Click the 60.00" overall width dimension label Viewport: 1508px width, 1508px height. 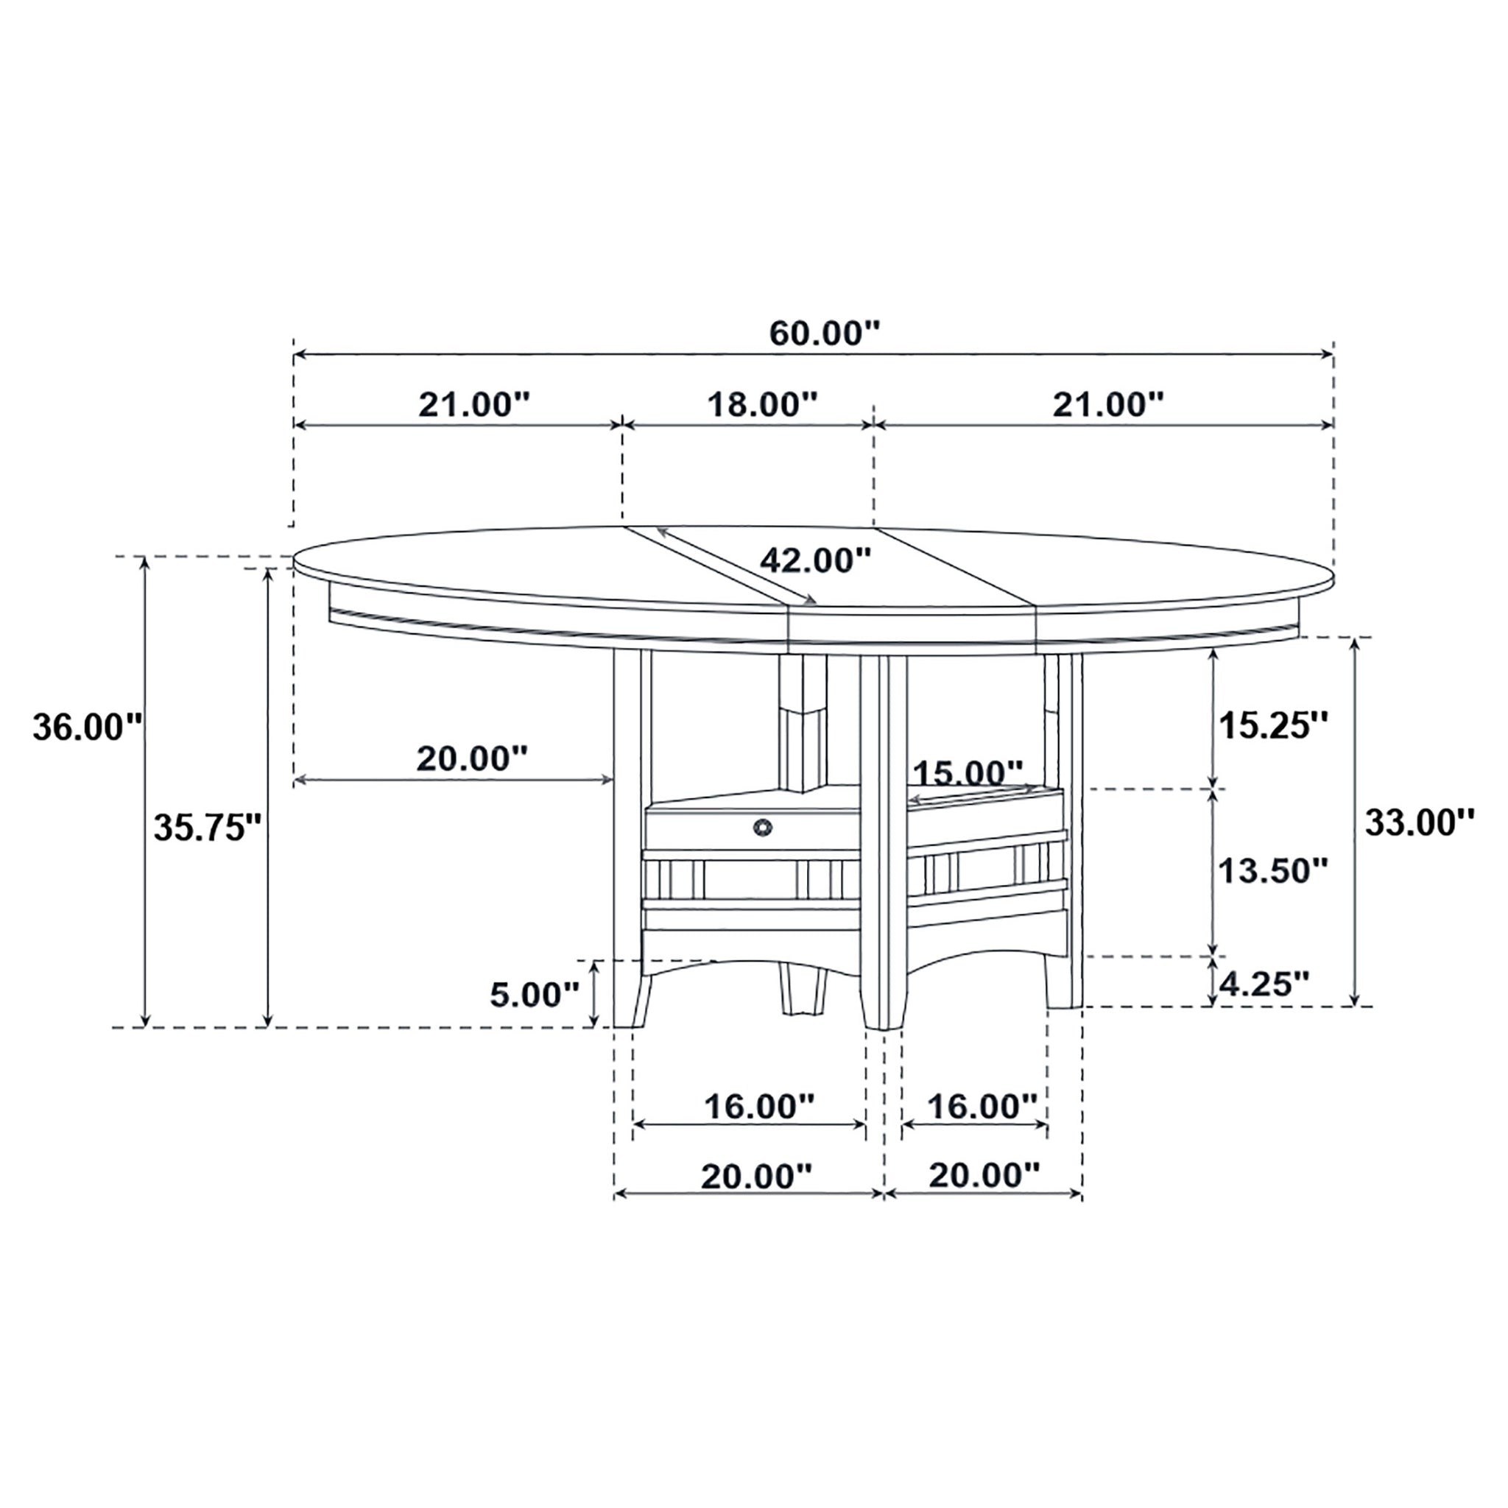point(824,334)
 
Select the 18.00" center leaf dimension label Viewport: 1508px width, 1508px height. point(762,404)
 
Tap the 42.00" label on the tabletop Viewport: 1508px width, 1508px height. point(816,559)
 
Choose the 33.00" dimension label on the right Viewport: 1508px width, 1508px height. point(1418,822)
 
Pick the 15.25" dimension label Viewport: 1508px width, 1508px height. point(1273,725)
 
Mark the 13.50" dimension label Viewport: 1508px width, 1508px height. point(1273,870)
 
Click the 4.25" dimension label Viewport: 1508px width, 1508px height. point(1263,984)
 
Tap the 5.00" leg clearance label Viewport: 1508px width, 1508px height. point(535,994)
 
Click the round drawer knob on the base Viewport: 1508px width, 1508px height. point(761,826)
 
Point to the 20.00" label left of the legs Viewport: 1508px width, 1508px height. point(471,758)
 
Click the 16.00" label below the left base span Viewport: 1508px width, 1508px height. point(758,1105)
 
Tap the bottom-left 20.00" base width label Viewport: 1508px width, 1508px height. point(755,1176)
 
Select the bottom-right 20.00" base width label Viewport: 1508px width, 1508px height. point(984,1174)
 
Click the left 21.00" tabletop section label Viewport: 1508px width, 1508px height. point(473,404)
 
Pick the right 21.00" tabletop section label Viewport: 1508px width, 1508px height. point(1107,404)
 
